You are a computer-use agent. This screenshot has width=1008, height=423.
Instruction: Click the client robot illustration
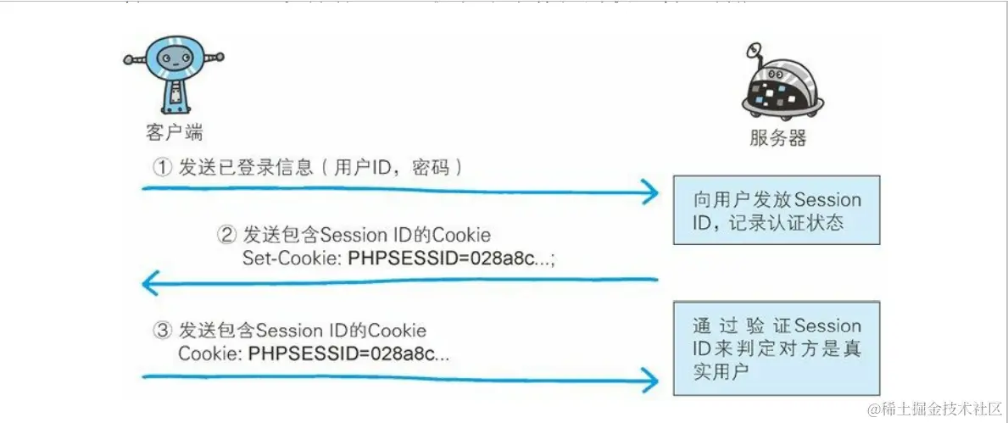pos(174,75)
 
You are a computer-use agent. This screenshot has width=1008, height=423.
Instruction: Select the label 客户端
pos(174,133)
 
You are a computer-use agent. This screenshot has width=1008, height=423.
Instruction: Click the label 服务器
pos(777,138)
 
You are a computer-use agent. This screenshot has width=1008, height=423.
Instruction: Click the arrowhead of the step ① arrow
pos(649,192)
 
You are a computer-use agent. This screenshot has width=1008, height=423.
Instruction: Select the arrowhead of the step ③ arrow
pos(649,379)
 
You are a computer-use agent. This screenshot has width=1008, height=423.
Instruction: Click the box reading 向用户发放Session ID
pos(777,210)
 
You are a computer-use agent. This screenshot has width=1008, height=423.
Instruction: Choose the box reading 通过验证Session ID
pos(777,348)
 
